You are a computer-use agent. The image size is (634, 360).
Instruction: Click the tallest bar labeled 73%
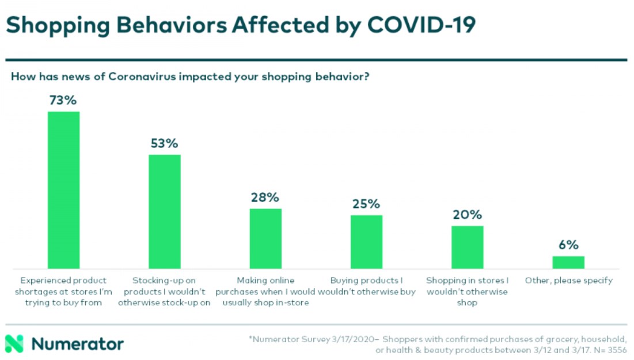pyautogui.click(x=63, y=190)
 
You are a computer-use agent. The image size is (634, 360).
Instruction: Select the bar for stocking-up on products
pyautogui.click(x=165, y=211)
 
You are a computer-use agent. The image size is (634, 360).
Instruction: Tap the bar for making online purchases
pyautogui.click(x=265, y=238)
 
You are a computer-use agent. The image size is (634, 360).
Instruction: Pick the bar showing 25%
pyautogui.click(x=366, y=242)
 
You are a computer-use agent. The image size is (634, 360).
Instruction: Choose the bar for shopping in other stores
pyautogui.click(x=467, y=247)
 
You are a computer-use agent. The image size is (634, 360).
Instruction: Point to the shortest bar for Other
pyautogui.click(x=568, y=263)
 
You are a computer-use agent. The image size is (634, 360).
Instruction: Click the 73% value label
pyautogui.click(x=63, y=101)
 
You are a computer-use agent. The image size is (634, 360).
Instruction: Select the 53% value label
pyautogui.click(x=165, y=143)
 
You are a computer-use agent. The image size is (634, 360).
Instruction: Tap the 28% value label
pyautogui.click(x=265, y=198)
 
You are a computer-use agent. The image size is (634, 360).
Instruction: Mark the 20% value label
pyautogui.click(x=467, y=215)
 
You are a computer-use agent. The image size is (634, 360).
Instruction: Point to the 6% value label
pyautogui.click(x=568, y=245)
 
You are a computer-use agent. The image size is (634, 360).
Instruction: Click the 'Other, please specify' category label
pyautogui.click(x=568, y=281)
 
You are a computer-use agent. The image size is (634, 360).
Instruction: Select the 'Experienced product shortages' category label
pyautogui.click(x=63, y=291)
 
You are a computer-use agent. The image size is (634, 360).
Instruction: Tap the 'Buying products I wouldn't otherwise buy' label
pyautogui.click(x=366, y=286)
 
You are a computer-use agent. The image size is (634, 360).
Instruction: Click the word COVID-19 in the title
pyautogui.click(x=422, y=26)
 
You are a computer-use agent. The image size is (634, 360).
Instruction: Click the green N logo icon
pyautogui.click(x=14, y=344)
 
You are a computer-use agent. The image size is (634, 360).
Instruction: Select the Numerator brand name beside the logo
pyautogui.click(x=78, y=344)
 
